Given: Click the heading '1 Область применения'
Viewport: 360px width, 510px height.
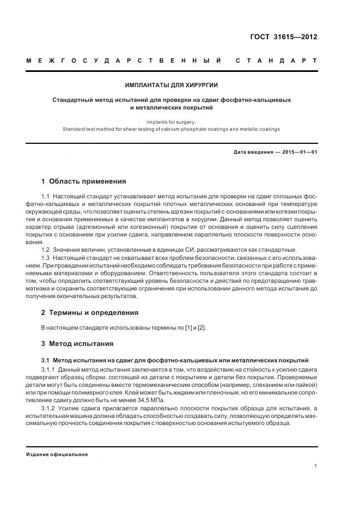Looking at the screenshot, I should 83,181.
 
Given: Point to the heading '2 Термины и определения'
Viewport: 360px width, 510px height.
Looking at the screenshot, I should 90,313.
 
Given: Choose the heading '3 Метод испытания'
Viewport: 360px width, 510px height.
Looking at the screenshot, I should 77,344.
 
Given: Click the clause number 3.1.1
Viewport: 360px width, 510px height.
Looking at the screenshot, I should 49,369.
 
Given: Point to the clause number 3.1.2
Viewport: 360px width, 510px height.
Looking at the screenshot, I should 49,408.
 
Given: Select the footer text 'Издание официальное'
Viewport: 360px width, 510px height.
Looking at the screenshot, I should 57,454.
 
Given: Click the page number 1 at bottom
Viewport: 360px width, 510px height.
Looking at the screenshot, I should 315,466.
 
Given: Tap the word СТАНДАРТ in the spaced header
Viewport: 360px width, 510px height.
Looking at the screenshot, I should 276,60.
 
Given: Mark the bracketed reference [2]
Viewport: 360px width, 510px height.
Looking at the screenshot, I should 202,327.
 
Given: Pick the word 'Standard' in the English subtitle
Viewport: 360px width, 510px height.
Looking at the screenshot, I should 74,129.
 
